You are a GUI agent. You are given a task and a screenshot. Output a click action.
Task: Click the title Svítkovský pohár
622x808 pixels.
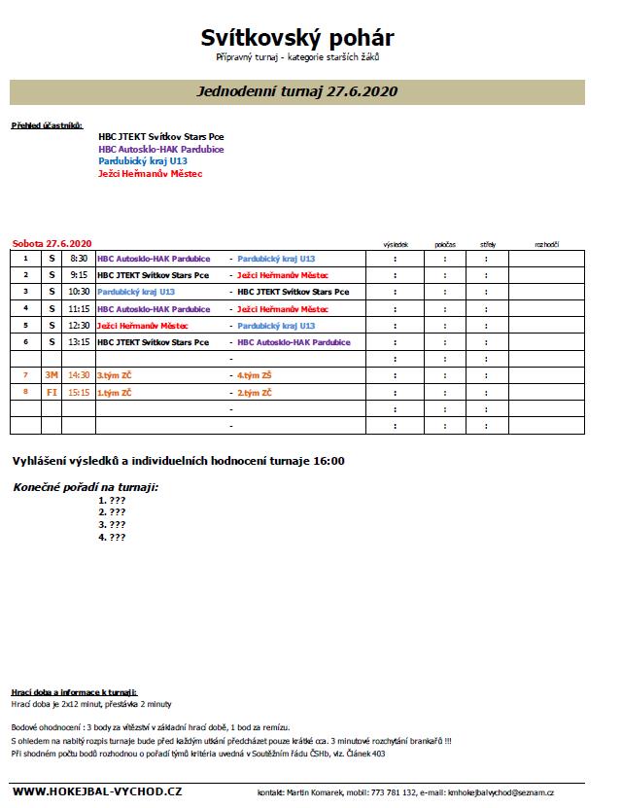pos(297,37)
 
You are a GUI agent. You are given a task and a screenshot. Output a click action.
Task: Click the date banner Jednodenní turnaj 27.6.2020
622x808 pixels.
pos(297,91)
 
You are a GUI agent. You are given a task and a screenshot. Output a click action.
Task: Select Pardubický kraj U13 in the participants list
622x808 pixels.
pos(143,161)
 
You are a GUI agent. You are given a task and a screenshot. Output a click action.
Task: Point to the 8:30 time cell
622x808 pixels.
pos(79,260)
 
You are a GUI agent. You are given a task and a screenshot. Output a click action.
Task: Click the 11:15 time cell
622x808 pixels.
pos(79,308)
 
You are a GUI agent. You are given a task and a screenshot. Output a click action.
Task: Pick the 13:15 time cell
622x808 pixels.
pos(79,342)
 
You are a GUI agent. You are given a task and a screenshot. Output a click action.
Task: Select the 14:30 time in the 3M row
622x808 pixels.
pos(79,374)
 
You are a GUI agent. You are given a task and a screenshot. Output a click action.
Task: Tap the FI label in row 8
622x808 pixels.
pos(52,392)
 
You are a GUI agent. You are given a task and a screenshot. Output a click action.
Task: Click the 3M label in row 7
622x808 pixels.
pos(52,374)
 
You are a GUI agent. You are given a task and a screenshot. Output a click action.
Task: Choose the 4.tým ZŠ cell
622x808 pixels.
pos(257,374)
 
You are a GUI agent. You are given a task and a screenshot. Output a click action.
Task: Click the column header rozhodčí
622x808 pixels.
pos(546,243)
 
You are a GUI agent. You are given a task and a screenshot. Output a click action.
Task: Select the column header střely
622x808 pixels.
pos(487,243)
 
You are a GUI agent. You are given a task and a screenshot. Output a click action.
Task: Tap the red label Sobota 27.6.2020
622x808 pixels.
pos(52,243)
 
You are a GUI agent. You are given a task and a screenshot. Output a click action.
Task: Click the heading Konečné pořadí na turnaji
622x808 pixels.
pos(86,486)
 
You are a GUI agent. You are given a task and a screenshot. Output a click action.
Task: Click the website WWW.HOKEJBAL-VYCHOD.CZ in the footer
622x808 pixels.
pos(97,793)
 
